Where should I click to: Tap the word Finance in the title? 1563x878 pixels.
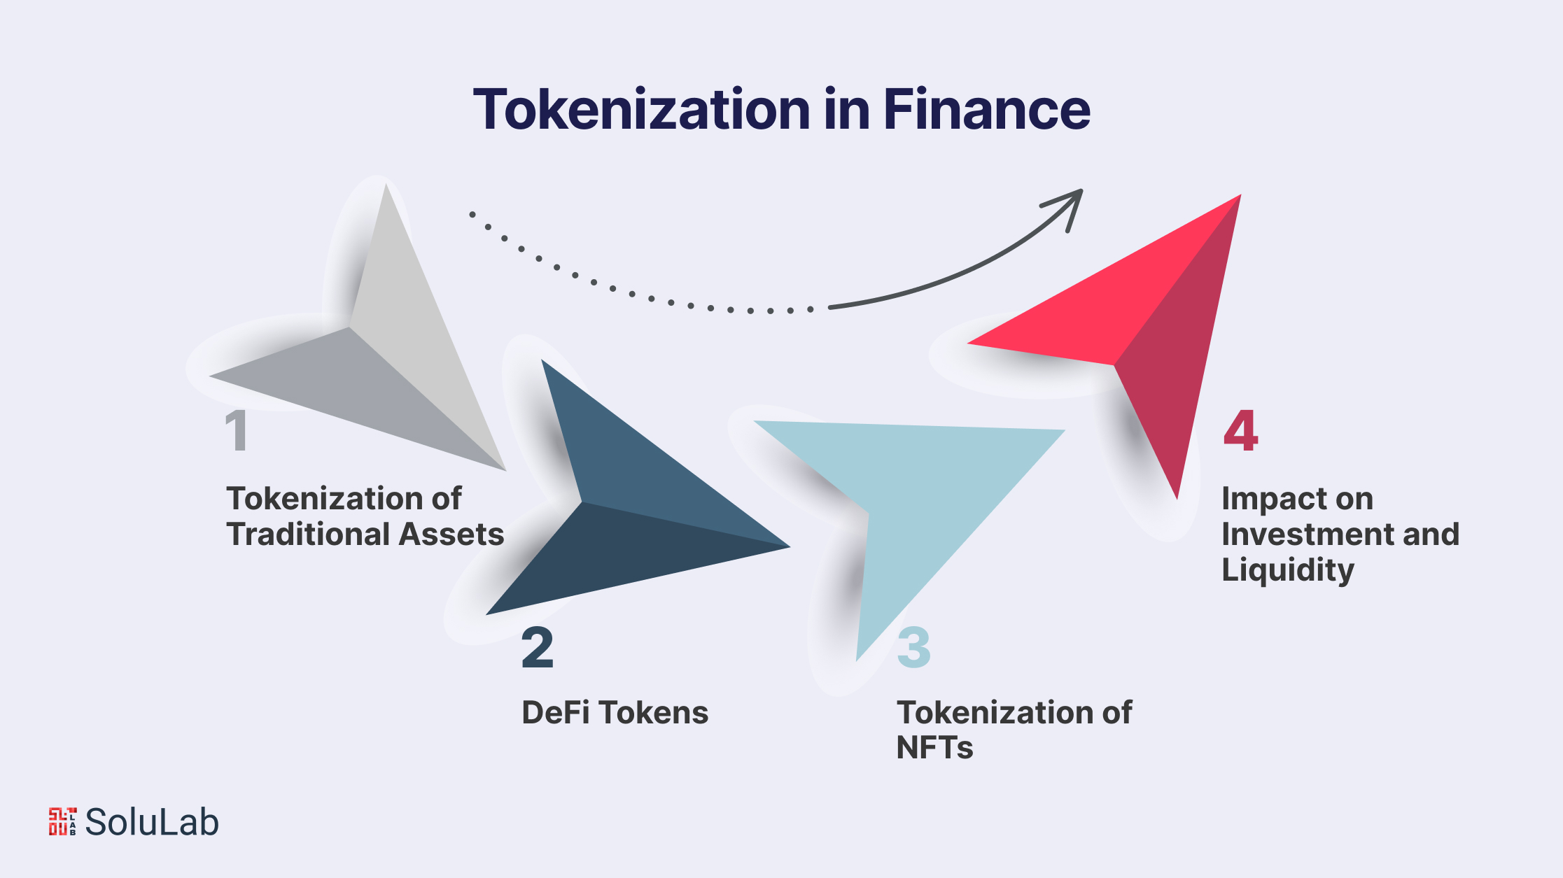[x=986, y=110]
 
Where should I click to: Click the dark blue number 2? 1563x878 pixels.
[x=538, y=648]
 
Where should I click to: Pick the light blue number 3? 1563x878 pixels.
[x=914, y=648]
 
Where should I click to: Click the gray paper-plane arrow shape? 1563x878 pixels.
[x=392, y=350]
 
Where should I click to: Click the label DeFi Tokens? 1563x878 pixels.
[x=615, y=713]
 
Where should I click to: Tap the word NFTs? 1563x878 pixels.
[x=934, y=748]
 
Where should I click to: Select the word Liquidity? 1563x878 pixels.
[x=1288, y=570]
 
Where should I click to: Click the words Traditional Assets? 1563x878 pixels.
[x=365, y=534]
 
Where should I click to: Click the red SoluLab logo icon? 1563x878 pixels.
[x=62, y=822]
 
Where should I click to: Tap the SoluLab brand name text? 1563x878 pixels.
[x=152, y=822]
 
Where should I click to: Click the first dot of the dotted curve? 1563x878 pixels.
[x=472, y=214]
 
